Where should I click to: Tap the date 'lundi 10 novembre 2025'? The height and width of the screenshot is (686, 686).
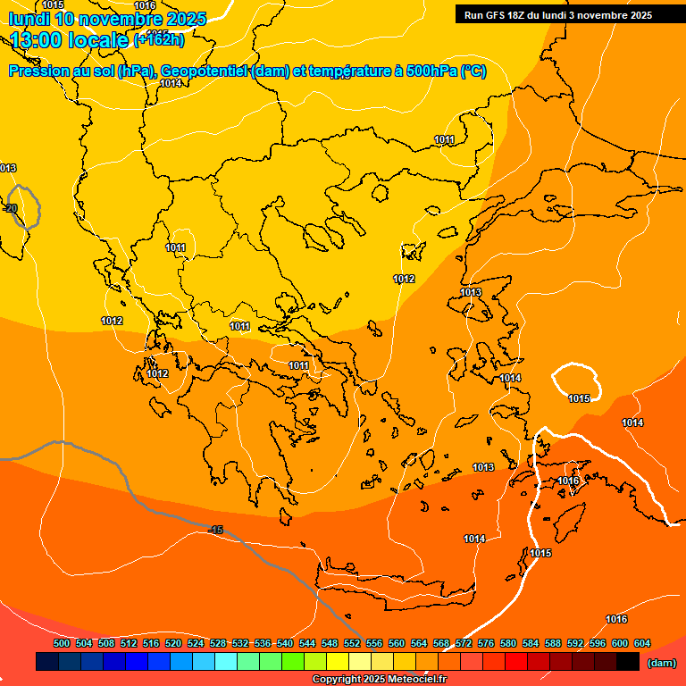coord(107,19)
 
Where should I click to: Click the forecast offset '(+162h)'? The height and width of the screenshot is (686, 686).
coord(159,39)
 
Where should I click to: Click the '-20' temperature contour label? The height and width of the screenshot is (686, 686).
coord(11,208)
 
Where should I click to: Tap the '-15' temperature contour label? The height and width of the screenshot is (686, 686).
coord(215,530)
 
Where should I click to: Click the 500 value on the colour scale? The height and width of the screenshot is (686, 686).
coord(62,643)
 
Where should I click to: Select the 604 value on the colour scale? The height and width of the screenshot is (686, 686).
coord(641,643)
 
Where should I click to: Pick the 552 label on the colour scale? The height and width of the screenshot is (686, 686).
coord(352,643)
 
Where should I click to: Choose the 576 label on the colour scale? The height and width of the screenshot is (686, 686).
coord(486,643)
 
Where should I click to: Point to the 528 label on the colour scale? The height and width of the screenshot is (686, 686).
coord(218,643)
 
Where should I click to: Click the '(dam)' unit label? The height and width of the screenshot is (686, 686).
coord(662,663)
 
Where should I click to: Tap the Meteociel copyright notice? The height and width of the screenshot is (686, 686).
coord(379,679)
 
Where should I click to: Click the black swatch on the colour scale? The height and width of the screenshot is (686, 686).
coord(628,662)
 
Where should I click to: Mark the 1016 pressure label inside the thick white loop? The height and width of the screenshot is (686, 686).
coord(568,481)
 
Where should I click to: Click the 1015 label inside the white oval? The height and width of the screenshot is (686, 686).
coord(579,398)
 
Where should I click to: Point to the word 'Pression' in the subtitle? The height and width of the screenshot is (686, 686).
coord(36,71)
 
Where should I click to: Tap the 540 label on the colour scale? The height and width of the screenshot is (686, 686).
coord(285,643)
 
